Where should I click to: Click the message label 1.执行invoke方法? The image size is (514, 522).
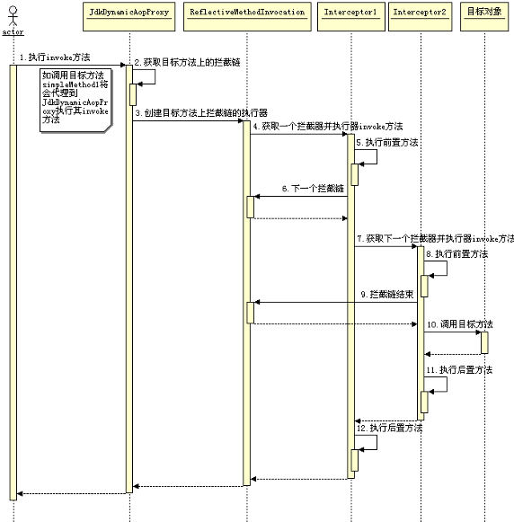[54, 58]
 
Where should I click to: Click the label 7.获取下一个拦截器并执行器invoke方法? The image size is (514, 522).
[436, 239]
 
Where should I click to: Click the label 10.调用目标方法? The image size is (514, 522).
[459, 323]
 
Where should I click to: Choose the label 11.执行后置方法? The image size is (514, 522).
[458, 370]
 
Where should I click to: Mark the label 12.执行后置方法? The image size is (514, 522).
[390, 428]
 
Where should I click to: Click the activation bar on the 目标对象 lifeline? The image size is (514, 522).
[484, 341]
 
